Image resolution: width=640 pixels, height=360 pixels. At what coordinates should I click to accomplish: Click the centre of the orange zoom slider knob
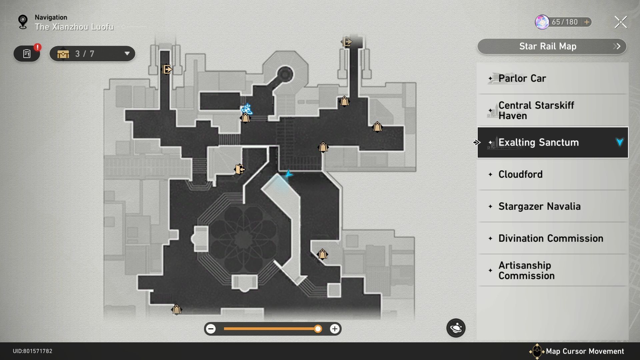click(318, 329)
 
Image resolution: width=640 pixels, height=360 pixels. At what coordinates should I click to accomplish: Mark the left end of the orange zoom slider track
click(224, 329)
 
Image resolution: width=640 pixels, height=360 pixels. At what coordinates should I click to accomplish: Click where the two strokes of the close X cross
click(621, 22)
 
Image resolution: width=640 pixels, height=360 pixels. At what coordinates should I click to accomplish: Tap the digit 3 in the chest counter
click(77, 54)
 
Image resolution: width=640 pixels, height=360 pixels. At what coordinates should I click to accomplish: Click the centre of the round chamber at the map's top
click(285, 73)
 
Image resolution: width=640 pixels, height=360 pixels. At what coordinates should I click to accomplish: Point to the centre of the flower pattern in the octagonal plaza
click(244, 239)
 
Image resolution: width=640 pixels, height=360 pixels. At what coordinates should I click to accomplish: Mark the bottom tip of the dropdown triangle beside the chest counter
click(127, 55)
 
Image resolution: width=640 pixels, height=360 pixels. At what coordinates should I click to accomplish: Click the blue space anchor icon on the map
click(247, 109)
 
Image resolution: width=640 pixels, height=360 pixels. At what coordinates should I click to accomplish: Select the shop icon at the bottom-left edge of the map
click(176, 309)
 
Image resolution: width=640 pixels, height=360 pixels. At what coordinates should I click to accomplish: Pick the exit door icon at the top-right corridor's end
click(347, 42)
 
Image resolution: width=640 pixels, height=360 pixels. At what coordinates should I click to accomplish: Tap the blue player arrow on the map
click(288, 174)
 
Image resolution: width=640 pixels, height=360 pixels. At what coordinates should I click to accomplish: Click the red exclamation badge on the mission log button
click(38, 47)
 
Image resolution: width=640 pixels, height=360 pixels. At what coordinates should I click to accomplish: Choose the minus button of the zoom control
click(211, 329)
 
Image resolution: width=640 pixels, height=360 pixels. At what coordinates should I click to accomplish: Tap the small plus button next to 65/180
click(587, 22)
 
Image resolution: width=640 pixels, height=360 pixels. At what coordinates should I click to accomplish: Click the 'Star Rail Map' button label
click(548, 46)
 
